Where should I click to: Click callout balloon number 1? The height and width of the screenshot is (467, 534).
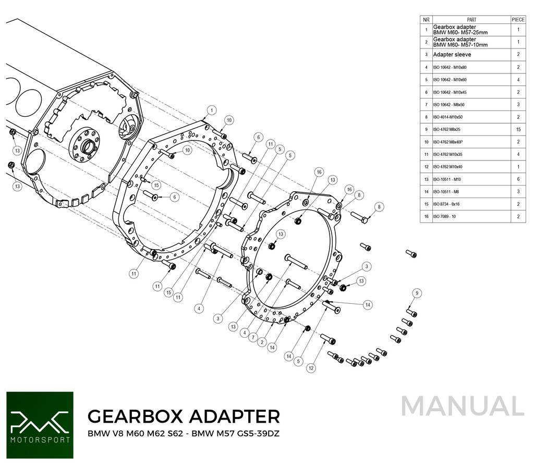[x=211, y=110]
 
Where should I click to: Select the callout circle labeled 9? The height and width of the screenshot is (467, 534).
[x=416, y=293]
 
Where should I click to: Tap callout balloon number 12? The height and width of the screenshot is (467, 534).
[x=311, y=368]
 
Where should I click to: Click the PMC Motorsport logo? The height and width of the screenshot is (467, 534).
[x=39, y=425]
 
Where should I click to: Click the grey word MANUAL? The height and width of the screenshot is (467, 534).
[x=463, y=407]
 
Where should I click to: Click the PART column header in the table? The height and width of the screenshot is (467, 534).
[x=471, y=19]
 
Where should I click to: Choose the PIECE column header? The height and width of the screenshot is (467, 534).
[x=518, y=19]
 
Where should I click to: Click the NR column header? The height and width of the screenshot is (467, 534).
[x=426, y=19]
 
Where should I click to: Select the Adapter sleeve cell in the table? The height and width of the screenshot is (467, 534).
[x=452, y=55]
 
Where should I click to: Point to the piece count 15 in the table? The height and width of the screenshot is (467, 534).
[x=518, y=129]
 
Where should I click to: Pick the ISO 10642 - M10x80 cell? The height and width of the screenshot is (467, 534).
[x=450, y=67]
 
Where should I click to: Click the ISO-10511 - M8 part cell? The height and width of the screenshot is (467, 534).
[x=446, y=192]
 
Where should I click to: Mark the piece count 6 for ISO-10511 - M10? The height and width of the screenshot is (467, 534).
[x=518, y=179]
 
